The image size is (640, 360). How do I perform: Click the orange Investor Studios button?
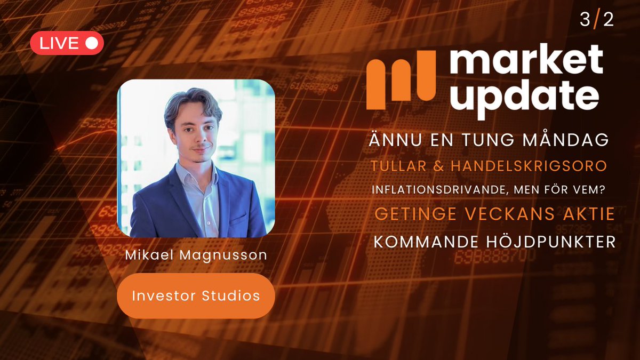point(196,295)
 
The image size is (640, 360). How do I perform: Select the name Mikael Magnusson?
point(196,255)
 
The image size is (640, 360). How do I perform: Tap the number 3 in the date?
point(585,20)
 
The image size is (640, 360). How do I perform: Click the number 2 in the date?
point(608,20)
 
